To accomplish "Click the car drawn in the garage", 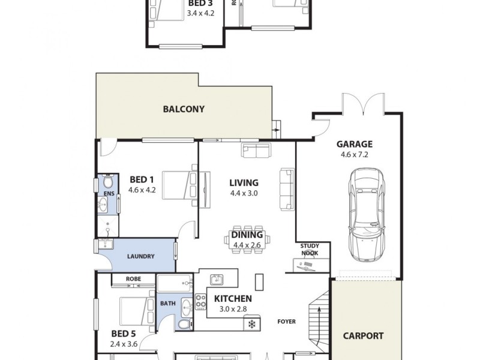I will (367, 212).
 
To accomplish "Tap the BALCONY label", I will (184, 109).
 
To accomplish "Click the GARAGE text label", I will (354, 144).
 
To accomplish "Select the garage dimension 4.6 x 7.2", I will (354, 154).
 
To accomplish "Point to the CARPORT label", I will (363, 336).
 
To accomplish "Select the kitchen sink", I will (216, 280).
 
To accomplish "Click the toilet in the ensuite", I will (107, 182).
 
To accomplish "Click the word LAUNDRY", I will (141, 256).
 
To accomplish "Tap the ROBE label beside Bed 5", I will (133, 279).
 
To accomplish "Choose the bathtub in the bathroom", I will (175, 284).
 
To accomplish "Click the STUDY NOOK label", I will (310, 250).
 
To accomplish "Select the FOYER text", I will (286, 322).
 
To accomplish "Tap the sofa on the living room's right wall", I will (287, 189).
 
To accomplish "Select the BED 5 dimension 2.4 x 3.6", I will (124, 344).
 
